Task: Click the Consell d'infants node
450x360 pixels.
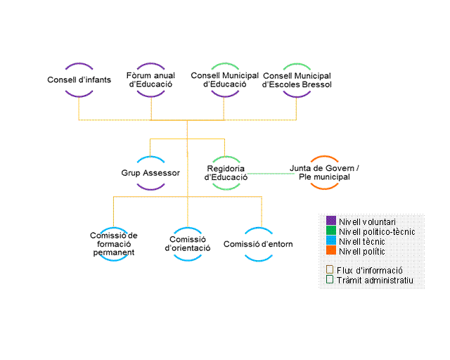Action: (79, 79)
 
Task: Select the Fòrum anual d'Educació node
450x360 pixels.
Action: (151, 79)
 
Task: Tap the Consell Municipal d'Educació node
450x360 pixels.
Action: (223, 79)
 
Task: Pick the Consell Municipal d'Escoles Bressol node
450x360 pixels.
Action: (296, 79)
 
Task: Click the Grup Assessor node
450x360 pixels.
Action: (150, 173)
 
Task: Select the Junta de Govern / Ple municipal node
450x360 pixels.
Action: (324, 173)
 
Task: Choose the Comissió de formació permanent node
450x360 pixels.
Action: (114, 243)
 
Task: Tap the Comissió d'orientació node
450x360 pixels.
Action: (188, 243)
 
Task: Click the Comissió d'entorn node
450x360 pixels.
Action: (258, 244)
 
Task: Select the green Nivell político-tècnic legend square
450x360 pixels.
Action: (331, 231)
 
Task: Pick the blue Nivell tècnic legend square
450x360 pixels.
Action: (331, 241)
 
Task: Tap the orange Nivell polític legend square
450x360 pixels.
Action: (331, 251)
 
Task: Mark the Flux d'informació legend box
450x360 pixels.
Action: (330, 269)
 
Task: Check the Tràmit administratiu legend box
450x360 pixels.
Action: (330, 280)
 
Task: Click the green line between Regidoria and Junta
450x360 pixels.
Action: (271, 173)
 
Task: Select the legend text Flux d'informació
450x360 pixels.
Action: (370, 270)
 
